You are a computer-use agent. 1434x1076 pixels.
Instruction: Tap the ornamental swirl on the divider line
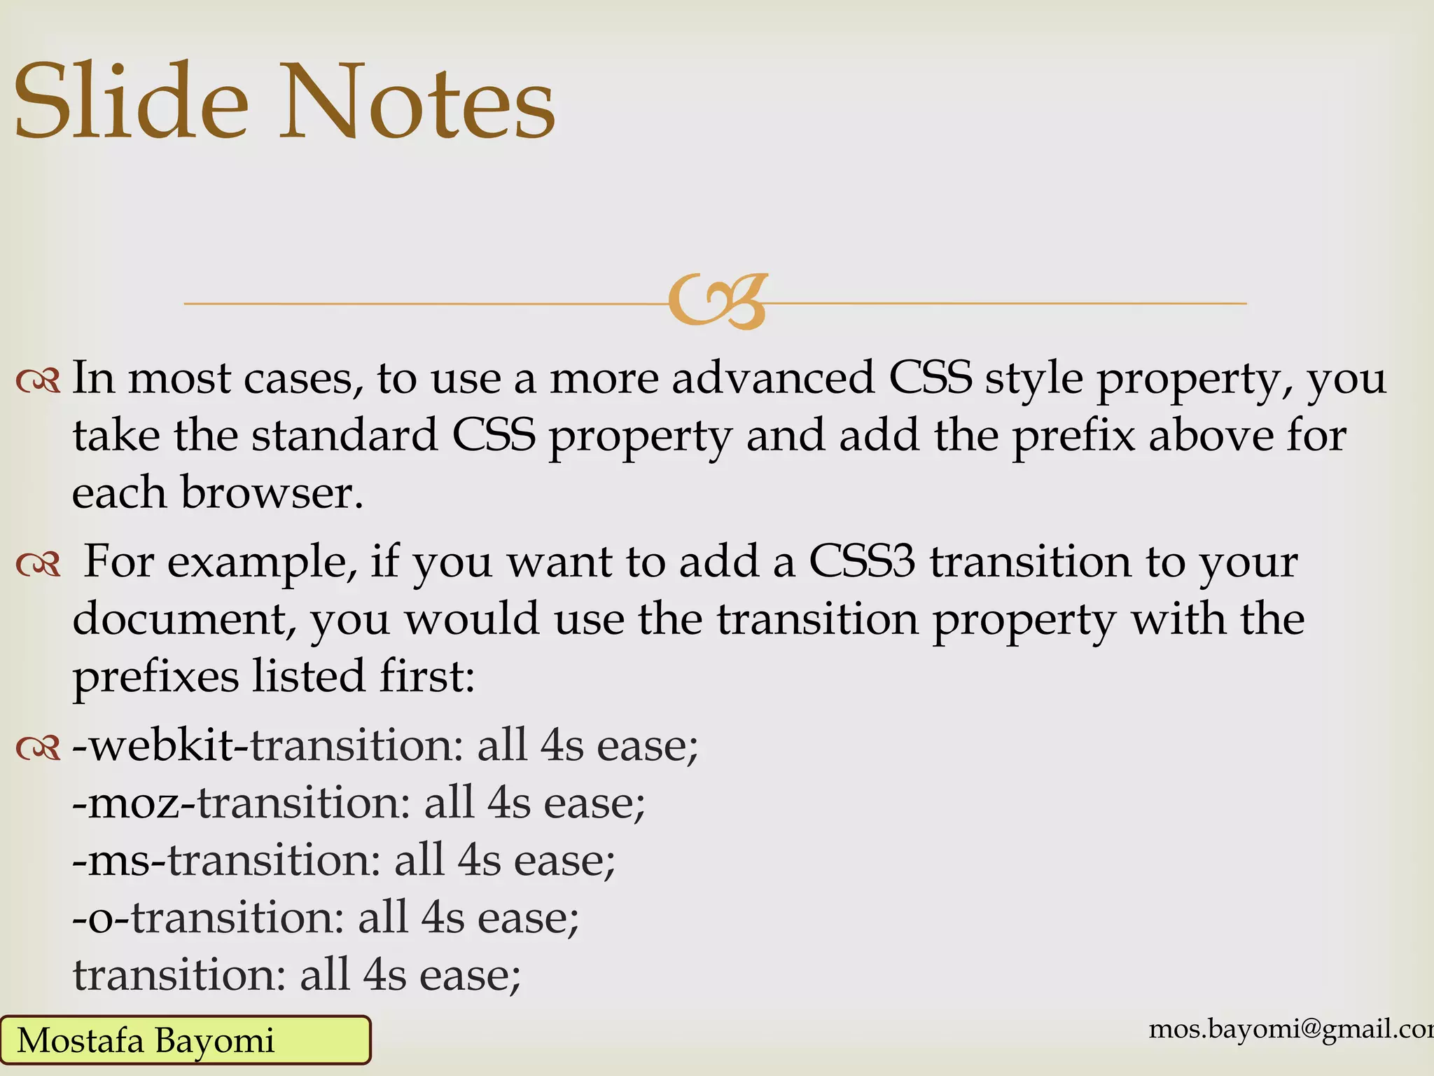click(718, 302)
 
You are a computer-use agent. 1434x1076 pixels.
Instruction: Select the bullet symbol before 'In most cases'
click(38, 381)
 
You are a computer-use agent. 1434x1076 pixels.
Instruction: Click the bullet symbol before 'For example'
click(38, 565)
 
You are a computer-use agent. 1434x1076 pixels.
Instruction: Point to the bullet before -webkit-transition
click(38, 748)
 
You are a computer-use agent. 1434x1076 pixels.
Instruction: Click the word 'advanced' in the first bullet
click(773, 378)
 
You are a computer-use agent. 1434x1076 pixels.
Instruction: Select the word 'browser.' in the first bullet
click(272, 492)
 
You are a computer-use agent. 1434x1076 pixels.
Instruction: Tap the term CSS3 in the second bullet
click(862, 562)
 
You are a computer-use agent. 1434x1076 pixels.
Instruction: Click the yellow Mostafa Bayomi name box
click(185, 1040)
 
